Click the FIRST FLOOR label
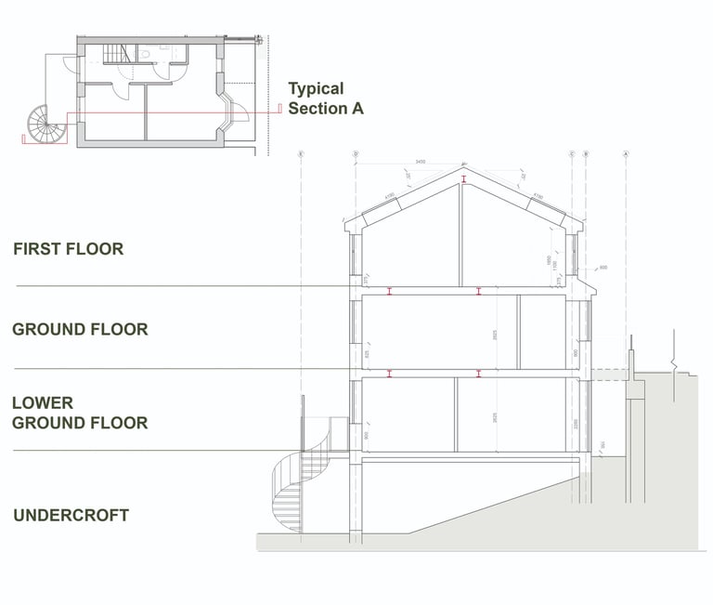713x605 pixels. [68, 249]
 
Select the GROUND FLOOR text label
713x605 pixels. [80, 329]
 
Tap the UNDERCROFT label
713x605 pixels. [71, 515]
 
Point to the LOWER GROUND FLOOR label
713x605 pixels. [80, 413]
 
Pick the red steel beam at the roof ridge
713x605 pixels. [462, 178]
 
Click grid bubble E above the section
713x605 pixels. [302, 152]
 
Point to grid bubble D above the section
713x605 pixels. [356, 152]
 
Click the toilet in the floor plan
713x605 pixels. [146, 54]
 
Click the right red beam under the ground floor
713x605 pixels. [479, 374]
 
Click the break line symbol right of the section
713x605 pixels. [675, 358]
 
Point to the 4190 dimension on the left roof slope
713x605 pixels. [390, 196]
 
